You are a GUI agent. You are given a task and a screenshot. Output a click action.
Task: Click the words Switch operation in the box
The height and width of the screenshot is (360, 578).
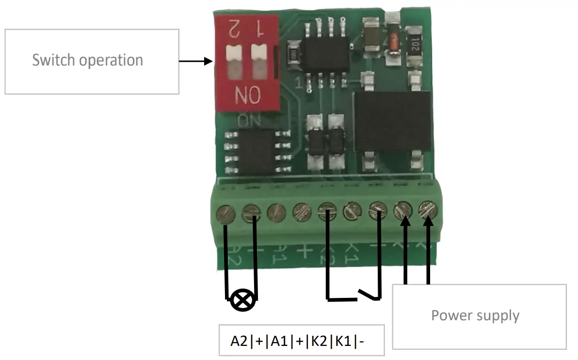click(88, 60)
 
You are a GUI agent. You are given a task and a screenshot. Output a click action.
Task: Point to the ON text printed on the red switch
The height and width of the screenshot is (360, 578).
click(241, 95)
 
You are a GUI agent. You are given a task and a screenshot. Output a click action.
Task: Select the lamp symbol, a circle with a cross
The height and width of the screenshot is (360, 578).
click(241, 300)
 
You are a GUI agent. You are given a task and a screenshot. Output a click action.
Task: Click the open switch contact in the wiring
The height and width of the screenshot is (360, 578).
click(369, 294)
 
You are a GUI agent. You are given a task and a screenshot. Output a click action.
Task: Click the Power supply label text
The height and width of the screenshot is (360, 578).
click(475, 315)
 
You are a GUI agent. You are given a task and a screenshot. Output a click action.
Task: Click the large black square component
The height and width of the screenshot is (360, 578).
click(392, 121)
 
